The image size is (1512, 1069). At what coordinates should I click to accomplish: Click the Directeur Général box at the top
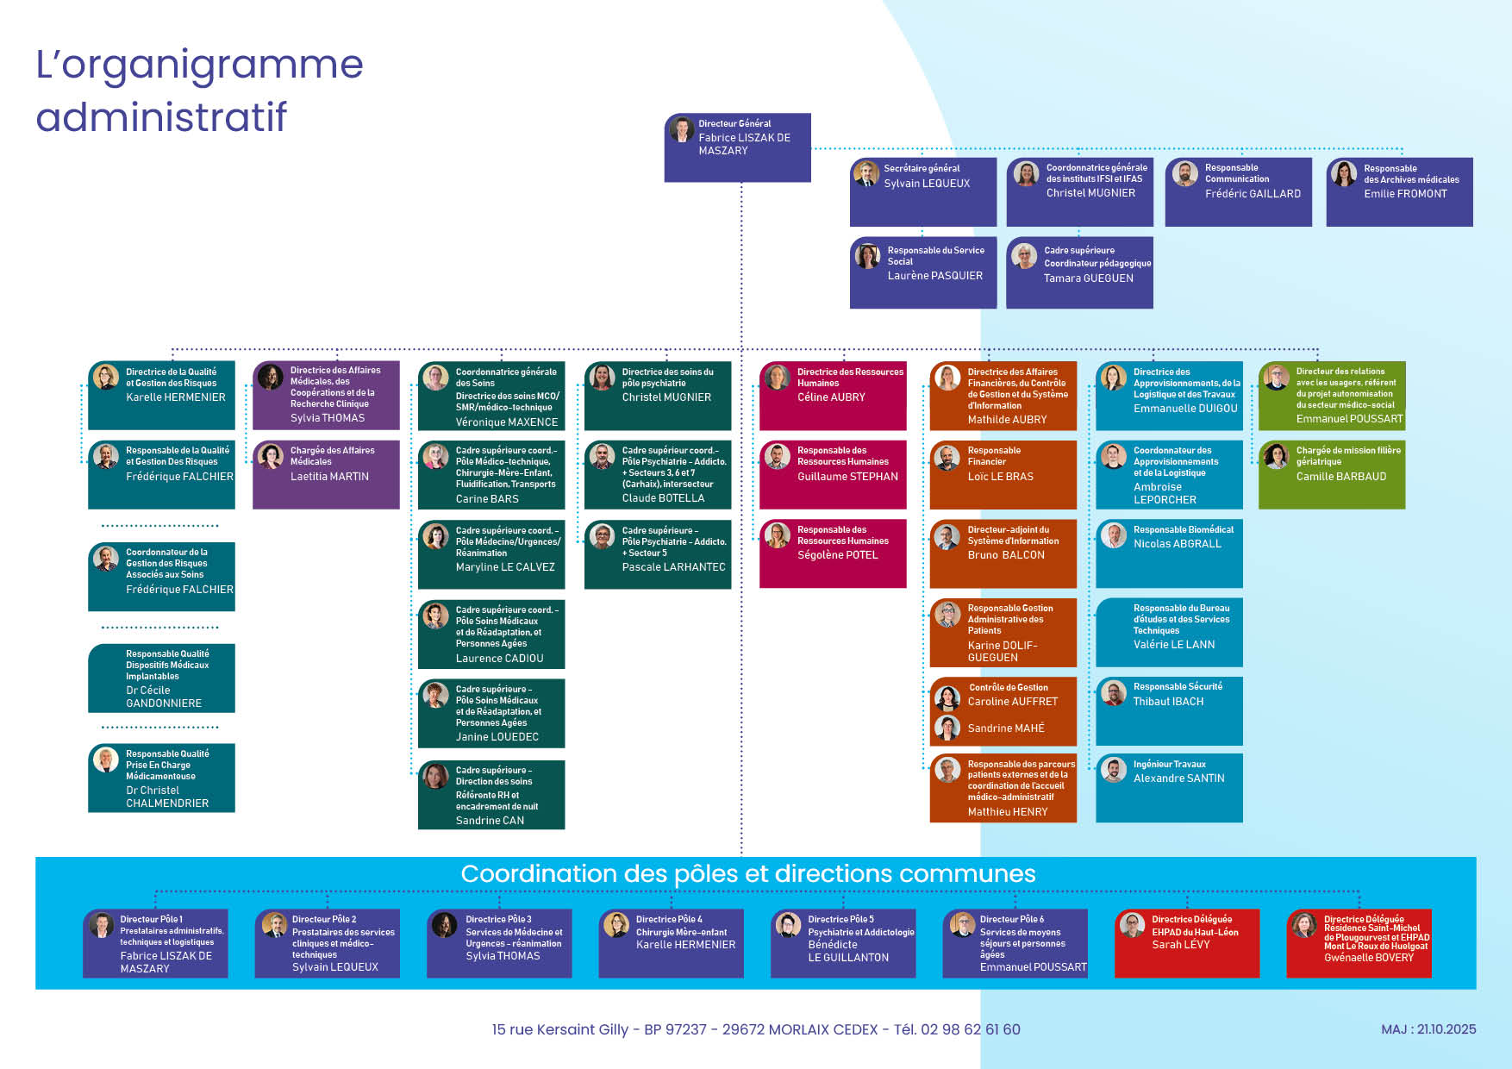(737, 147)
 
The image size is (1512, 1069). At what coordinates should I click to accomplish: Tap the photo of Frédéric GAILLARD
(1185, 174)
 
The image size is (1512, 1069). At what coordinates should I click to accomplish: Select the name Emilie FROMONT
(1405, 194)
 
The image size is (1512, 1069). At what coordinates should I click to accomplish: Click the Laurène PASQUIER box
(923, 272)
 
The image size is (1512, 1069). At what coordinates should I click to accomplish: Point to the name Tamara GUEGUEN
(1088, 278)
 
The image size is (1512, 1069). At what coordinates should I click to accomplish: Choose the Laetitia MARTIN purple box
(326, 474)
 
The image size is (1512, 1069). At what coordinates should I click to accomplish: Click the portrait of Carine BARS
(436, 457)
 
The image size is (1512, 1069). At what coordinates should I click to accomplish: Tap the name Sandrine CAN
(490, 821)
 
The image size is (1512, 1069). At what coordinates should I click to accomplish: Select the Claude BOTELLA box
(658, 474)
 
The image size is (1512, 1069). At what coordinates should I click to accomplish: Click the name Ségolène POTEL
(837, 555)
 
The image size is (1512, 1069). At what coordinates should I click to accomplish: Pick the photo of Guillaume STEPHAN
(778, 457)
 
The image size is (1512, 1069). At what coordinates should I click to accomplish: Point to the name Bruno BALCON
(1006, 555)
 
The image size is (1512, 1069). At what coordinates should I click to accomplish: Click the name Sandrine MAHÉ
(1005, 728)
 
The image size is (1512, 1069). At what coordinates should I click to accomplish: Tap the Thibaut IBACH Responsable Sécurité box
(1169, 710)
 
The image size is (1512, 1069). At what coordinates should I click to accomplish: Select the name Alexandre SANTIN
(1178, 778)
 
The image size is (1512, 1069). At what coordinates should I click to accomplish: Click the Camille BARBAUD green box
(1332, 474)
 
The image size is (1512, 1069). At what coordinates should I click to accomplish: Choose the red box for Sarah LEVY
(1186, 943)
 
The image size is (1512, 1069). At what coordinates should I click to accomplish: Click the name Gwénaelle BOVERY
(1368, 958)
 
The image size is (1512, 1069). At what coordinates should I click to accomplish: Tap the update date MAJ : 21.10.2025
(1428, 1029)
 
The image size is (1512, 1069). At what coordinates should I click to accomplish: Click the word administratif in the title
(161, 117)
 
